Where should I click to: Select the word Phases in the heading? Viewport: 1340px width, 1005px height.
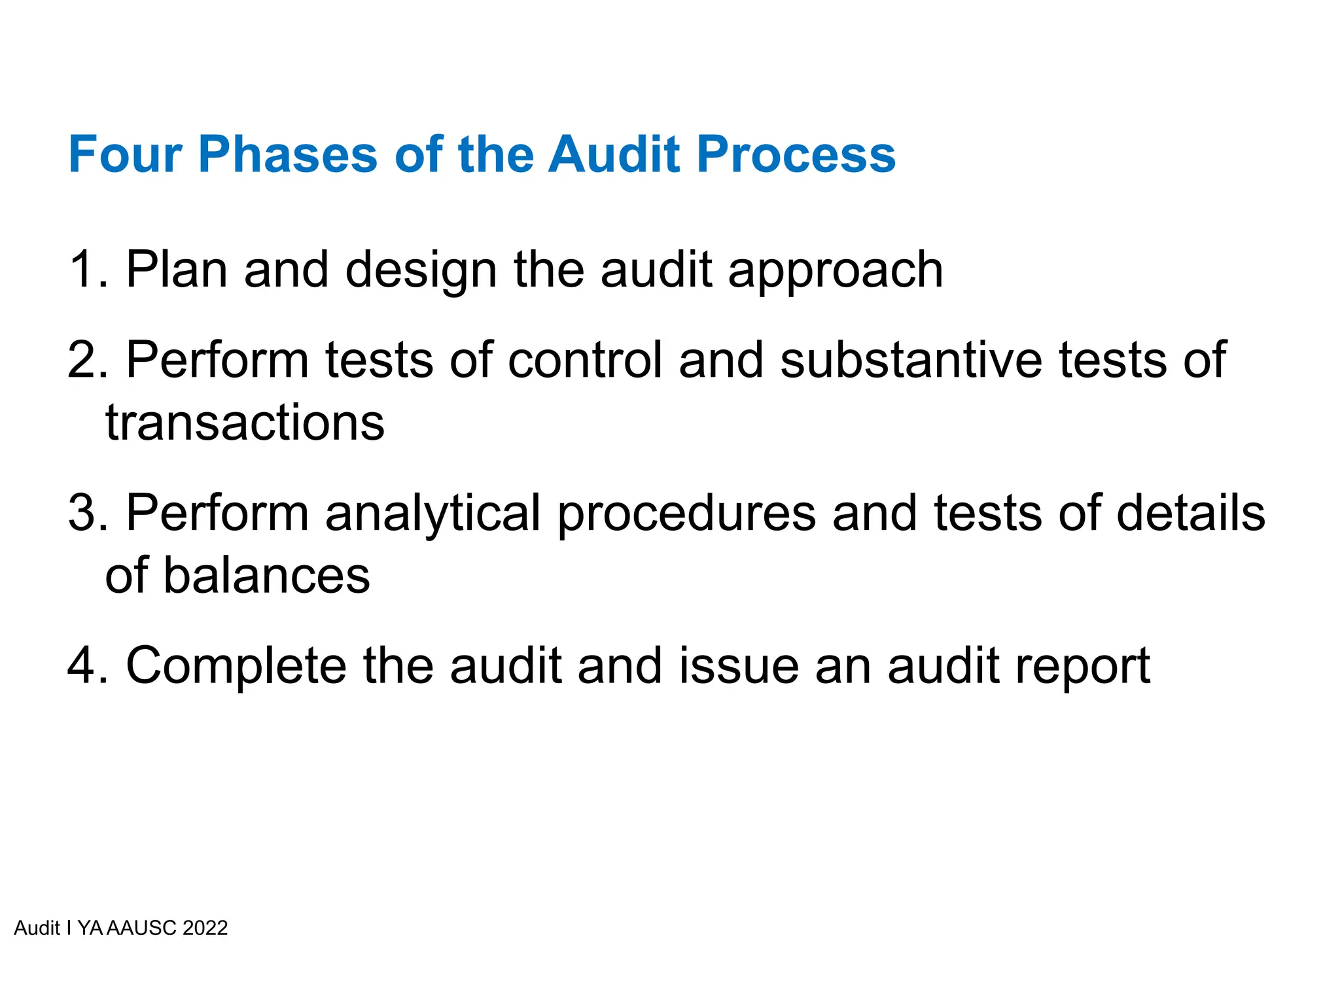pyautogui.click(x=288, y=154)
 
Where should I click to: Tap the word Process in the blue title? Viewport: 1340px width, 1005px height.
pyautogui.click(x=796, y=154)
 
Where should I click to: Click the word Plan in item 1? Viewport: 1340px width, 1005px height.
pyautogui.click(x=176, y=269)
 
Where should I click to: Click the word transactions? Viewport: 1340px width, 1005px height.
pyautogui.click(x=245, y=423)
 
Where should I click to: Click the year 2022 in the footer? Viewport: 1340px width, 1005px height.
pyautogui.click(x=205, y=928)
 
